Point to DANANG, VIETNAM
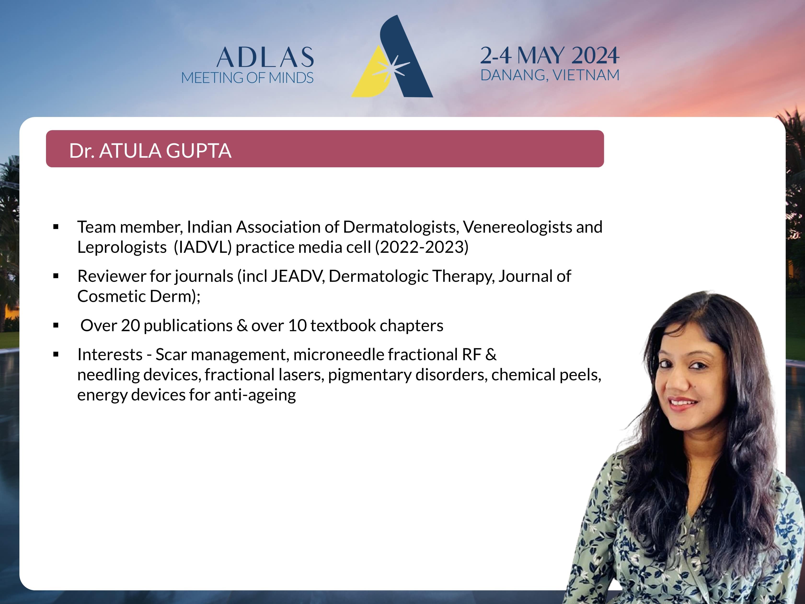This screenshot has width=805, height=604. (x=550, y=75)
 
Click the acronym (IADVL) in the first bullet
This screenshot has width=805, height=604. (x=203, y=247)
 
